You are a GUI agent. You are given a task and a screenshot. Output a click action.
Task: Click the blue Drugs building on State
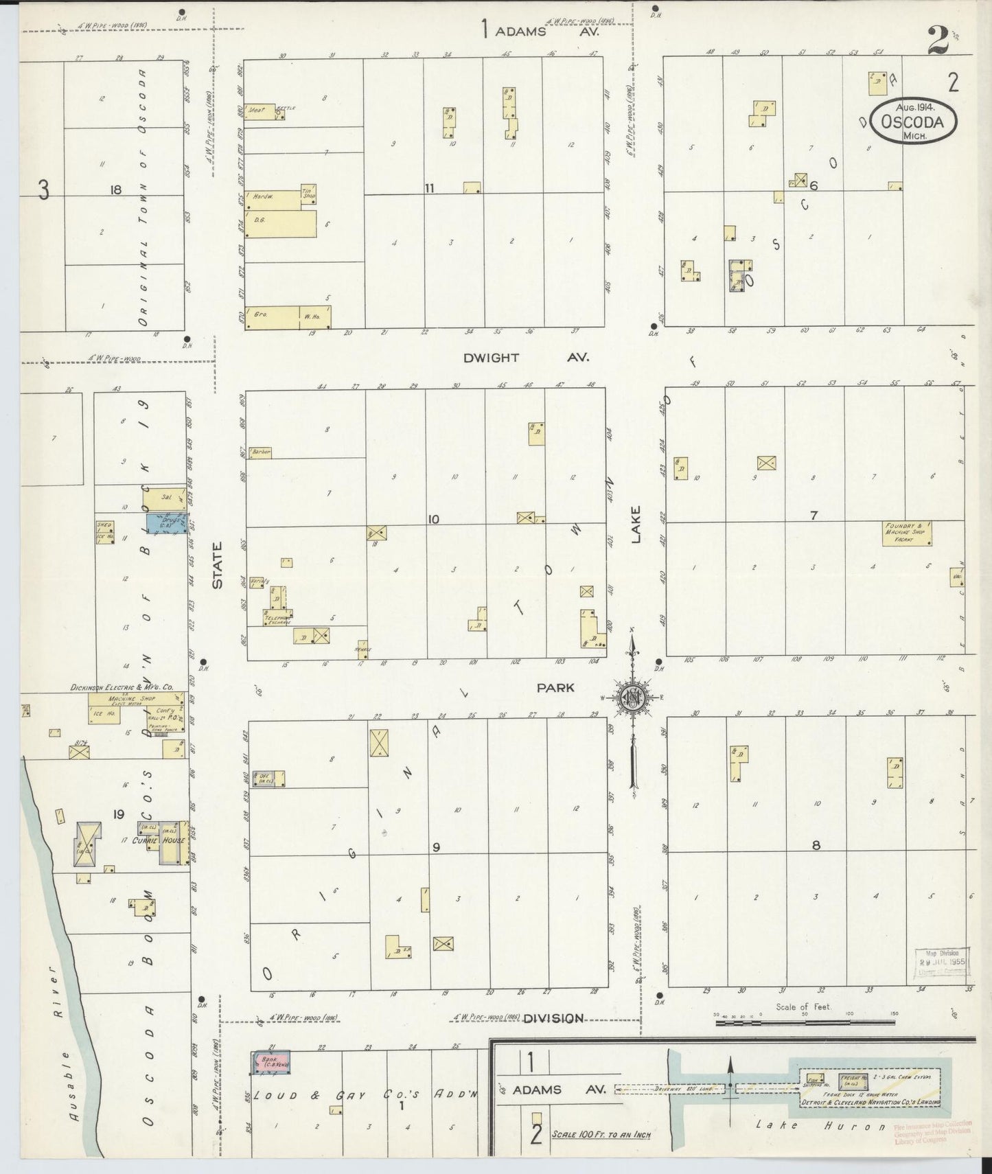(166, 522)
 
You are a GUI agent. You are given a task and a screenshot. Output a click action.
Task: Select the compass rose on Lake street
(631, 698)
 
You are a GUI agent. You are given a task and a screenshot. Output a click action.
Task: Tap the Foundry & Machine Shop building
(911, 533)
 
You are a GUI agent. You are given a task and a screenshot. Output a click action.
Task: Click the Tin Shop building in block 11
(308, 194)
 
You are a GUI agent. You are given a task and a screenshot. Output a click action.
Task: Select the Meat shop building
(260, 112)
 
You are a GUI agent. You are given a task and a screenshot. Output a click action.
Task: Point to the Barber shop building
(261, 452)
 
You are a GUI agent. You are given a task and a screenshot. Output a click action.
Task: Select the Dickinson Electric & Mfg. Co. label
(121, 687)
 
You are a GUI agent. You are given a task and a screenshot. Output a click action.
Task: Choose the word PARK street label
(555, 687)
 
